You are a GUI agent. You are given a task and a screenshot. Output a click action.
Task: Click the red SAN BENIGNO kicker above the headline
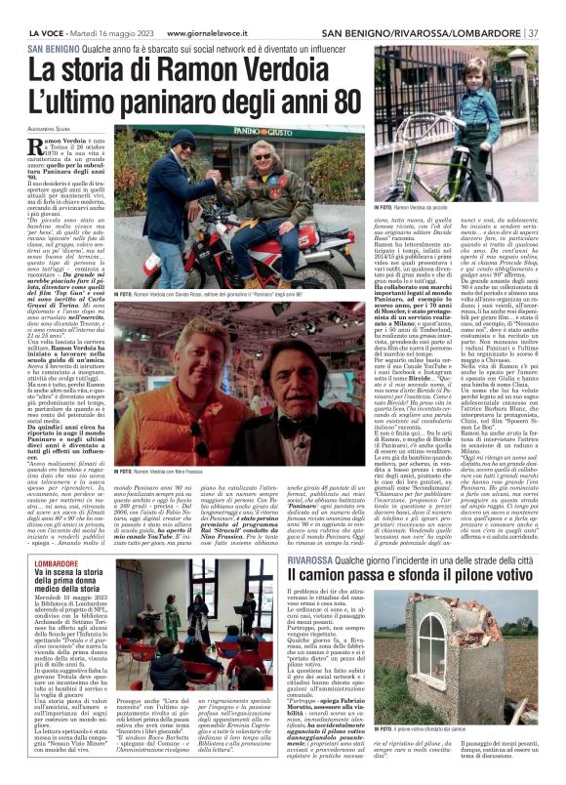[55, 48]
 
